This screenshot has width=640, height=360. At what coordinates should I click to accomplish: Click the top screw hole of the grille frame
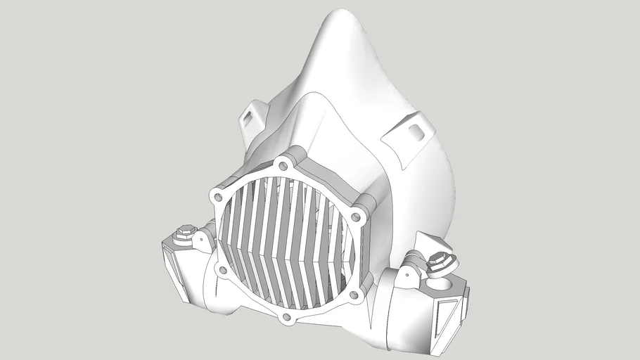pyautogui.click(x=283, y=166)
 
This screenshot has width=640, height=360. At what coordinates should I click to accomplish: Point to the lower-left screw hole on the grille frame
pyautogui.click(x=222, y=270)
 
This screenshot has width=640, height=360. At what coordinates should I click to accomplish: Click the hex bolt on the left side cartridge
pyautogui.click(x=186, y=229)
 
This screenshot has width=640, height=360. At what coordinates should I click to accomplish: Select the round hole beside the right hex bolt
pyautogui.click(x=448, y=285)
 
